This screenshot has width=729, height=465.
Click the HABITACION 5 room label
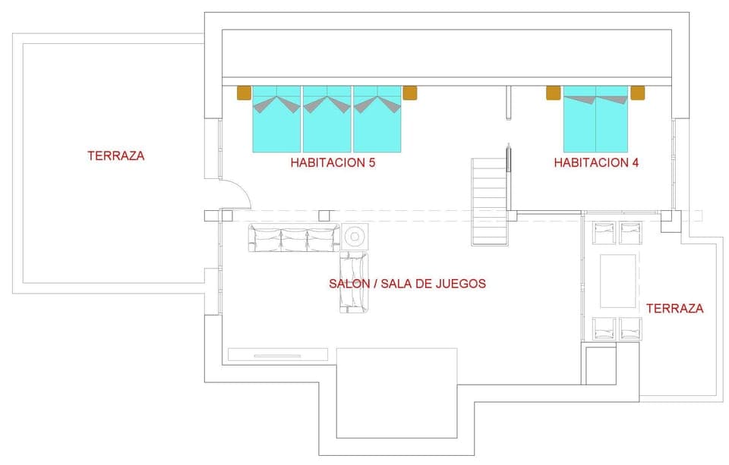coord(333,162)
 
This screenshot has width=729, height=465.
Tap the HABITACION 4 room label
coord(595,162)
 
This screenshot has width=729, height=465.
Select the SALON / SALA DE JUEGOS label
coord(407,284)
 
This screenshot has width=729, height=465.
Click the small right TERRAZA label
coord(674,308)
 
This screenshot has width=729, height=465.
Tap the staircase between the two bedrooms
coord(489,201)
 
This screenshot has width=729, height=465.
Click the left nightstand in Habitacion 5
coord(244,93)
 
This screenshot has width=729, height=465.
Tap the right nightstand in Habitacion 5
coord(410,93)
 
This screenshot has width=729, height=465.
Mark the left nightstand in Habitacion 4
coord(553,93)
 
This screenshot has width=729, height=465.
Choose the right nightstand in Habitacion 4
coord(637,93)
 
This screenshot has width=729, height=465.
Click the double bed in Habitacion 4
coord(595,120)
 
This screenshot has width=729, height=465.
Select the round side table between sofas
coord(355,237)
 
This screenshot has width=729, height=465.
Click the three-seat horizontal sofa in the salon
coord(293,238)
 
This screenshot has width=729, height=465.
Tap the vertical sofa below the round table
coord(353,282)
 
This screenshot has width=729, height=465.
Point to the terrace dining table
coord(618,281)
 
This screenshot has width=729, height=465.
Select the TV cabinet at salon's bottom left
coord(278,354)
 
